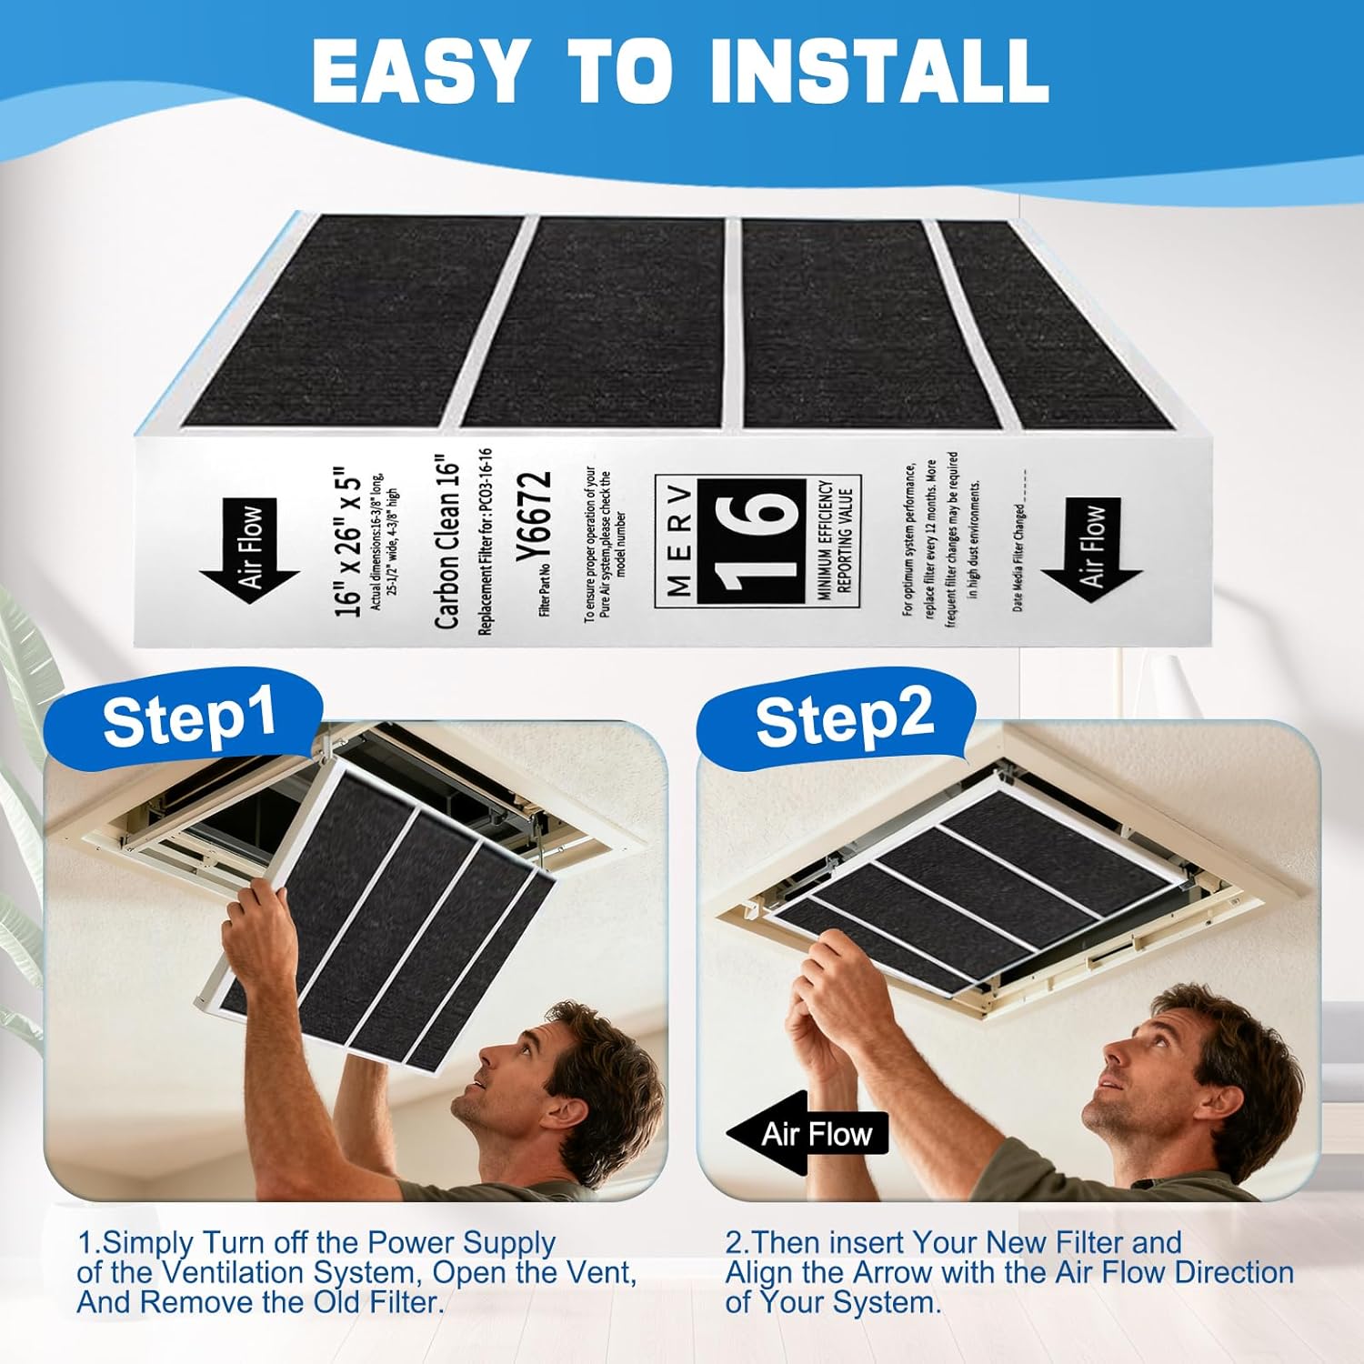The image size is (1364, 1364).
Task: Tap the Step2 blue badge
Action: pyautogui.click(x=844, y=717)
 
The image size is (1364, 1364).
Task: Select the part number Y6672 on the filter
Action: pyautogui.click(x=538, y=517)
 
